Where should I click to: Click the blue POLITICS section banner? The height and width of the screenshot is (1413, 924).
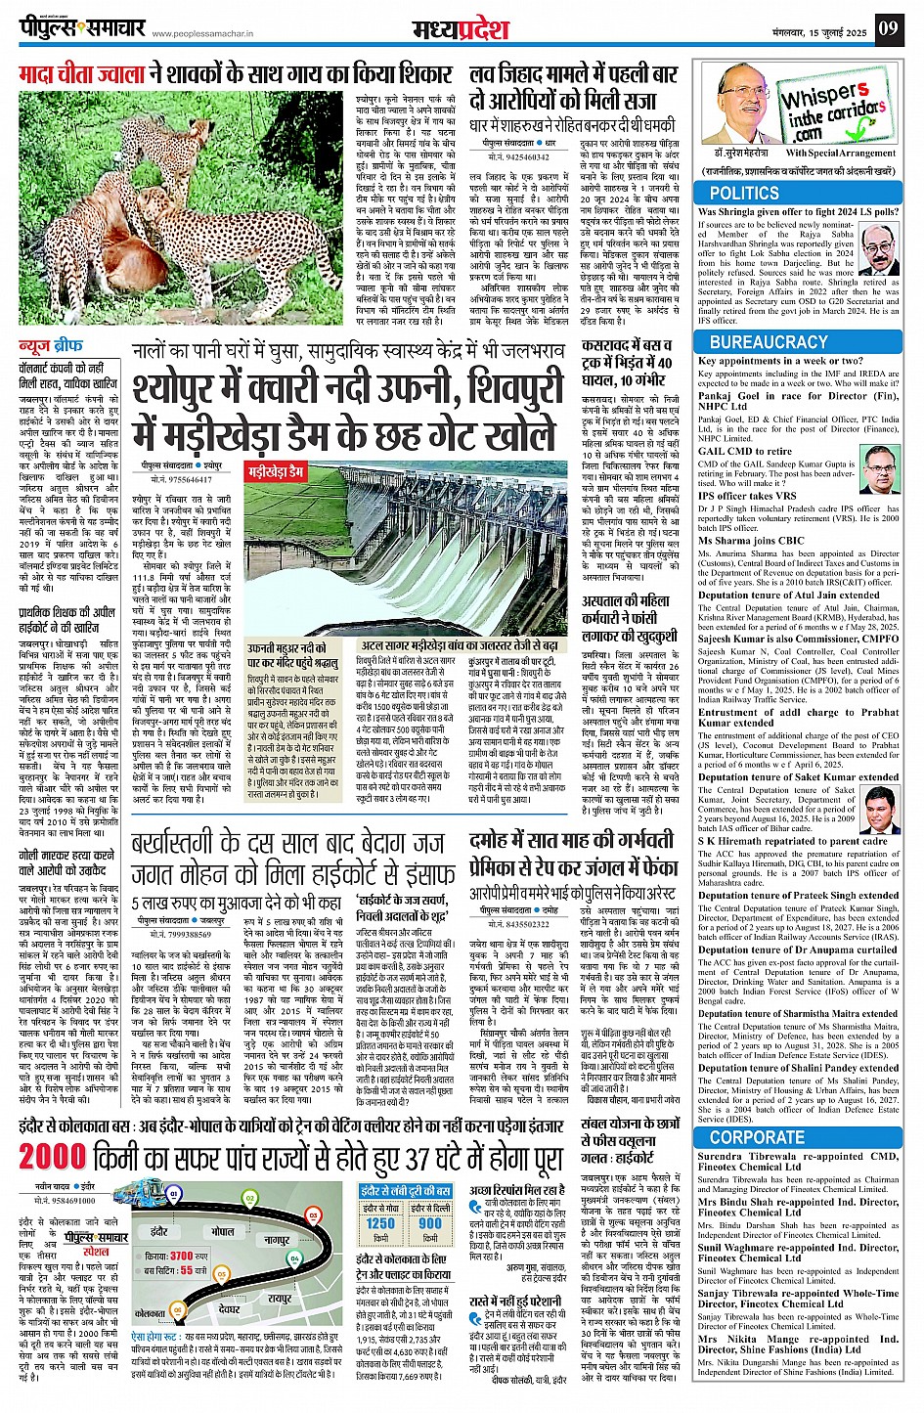click(x=745, y=194)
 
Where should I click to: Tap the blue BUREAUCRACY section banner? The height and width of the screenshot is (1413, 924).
click(x=769, y=342)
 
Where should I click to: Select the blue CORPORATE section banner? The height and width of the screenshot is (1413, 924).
click(x=757, y=1137)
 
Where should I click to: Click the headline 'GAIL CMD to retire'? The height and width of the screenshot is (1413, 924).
click(x=745, y=452)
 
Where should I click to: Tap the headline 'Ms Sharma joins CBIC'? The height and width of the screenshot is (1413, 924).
click(x=751, y=540)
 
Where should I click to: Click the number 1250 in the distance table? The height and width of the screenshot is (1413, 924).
click(x=380, y=1223)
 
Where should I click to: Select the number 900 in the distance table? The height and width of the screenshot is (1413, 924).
click(x=430, y=1223)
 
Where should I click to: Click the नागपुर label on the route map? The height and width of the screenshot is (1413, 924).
click(x=278, y=1240)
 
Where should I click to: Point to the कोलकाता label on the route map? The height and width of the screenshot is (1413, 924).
click(x=150, y=1313)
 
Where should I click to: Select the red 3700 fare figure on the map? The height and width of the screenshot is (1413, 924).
click(x=182, y=1255)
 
